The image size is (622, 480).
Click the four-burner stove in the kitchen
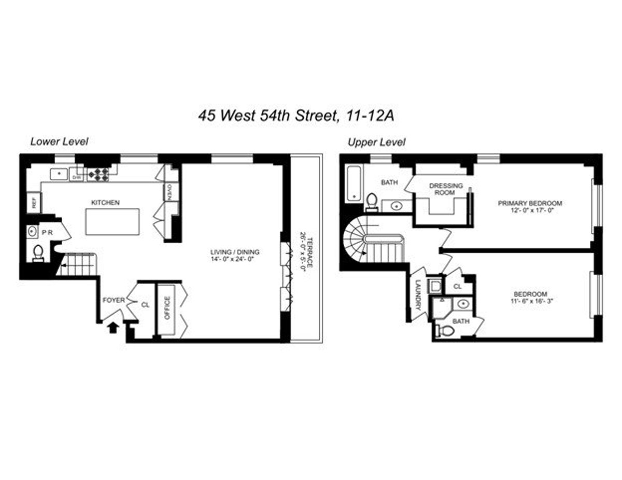[x=97, y=174]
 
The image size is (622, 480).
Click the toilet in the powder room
[x=38, y=253]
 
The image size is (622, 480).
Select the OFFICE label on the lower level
[x=167, y=308]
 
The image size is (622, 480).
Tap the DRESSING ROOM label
[x=442, y=189]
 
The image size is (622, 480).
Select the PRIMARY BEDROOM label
[x=530, y=203]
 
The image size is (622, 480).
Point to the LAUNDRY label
[x=419, y=295]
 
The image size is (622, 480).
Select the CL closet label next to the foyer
[x=145, y=305]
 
